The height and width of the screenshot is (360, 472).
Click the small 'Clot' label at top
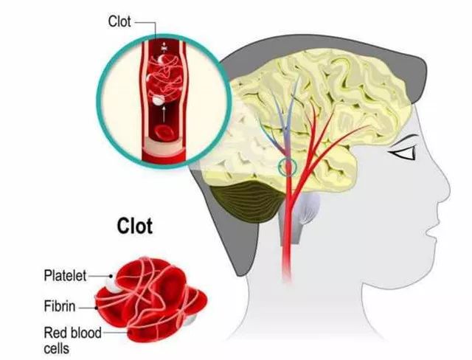(x=119, y=22)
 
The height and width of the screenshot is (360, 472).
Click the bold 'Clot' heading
(x=134, y=226)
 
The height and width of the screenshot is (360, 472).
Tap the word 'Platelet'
(x=65, y=275)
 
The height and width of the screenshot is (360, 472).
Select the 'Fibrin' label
(x=60, y=306)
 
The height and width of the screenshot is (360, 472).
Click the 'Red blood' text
(x=72, y=333)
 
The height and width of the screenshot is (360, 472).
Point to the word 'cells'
(x=57, y=348)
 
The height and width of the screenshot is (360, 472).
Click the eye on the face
(x=404, y=153)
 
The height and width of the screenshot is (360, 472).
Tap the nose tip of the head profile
(x=448, y=190)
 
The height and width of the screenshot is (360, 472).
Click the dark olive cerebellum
(x=247, y=201)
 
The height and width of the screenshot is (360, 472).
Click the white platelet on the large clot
(x=112, y=285)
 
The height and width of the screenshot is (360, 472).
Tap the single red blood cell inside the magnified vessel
(x=163, y=134)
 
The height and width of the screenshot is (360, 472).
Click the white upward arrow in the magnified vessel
(x=164, y=114)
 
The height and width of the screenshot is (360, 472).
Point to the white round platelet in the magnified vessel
(x=158, y=100)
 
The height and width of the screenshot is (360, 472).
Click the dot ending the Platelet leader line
(x=111, y=276)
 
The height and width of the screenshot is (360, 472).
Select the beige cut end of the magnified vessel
(x=164, y=145)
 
